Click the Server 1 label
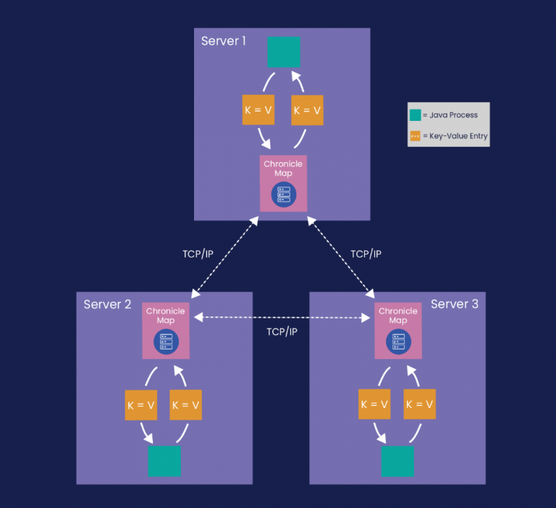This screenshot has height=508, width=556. click(224, 41)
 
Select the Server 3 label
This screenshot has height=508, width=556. click(454, 305)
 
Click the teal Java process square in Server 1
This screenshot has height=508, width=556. click(284, 52)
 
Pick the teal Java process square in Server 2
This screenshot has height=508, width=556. click(164, 461)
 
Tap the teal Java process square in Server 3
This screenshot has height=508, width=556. click(397, 461)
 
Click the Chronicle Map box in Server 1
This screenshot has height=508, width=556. click(283, 183)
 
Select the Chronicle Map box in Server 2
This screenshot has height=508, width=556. click(166, 330)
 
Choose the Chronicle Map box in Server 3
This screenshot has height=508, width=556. click(398, 330)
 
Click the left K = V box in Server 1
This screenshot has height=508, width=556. click(257, 111)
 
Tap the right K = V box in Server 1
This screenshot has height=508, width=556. click(307, 111)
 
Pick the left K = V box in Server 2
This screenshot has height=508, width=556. click(140, 405)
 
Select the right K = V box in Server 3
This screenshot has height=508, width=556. click(420, 405)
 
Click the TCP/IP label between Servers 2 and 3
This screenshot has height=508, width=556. click(282, 331)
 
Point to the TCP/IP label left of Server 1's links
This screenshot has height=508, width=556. click(198, 254)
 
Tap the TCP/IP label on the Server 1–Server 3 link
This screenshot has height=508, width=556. click(366, 254)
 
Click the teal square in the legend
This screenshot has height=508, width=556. click(415, 115)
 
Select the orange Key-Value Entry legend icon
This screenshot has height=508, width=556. click(415, 135)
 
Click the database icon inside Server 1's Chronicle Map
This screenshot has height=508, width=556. click(283, 194)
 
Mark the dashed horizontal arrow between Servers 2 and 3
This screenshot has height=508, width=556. click(282, 318)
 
